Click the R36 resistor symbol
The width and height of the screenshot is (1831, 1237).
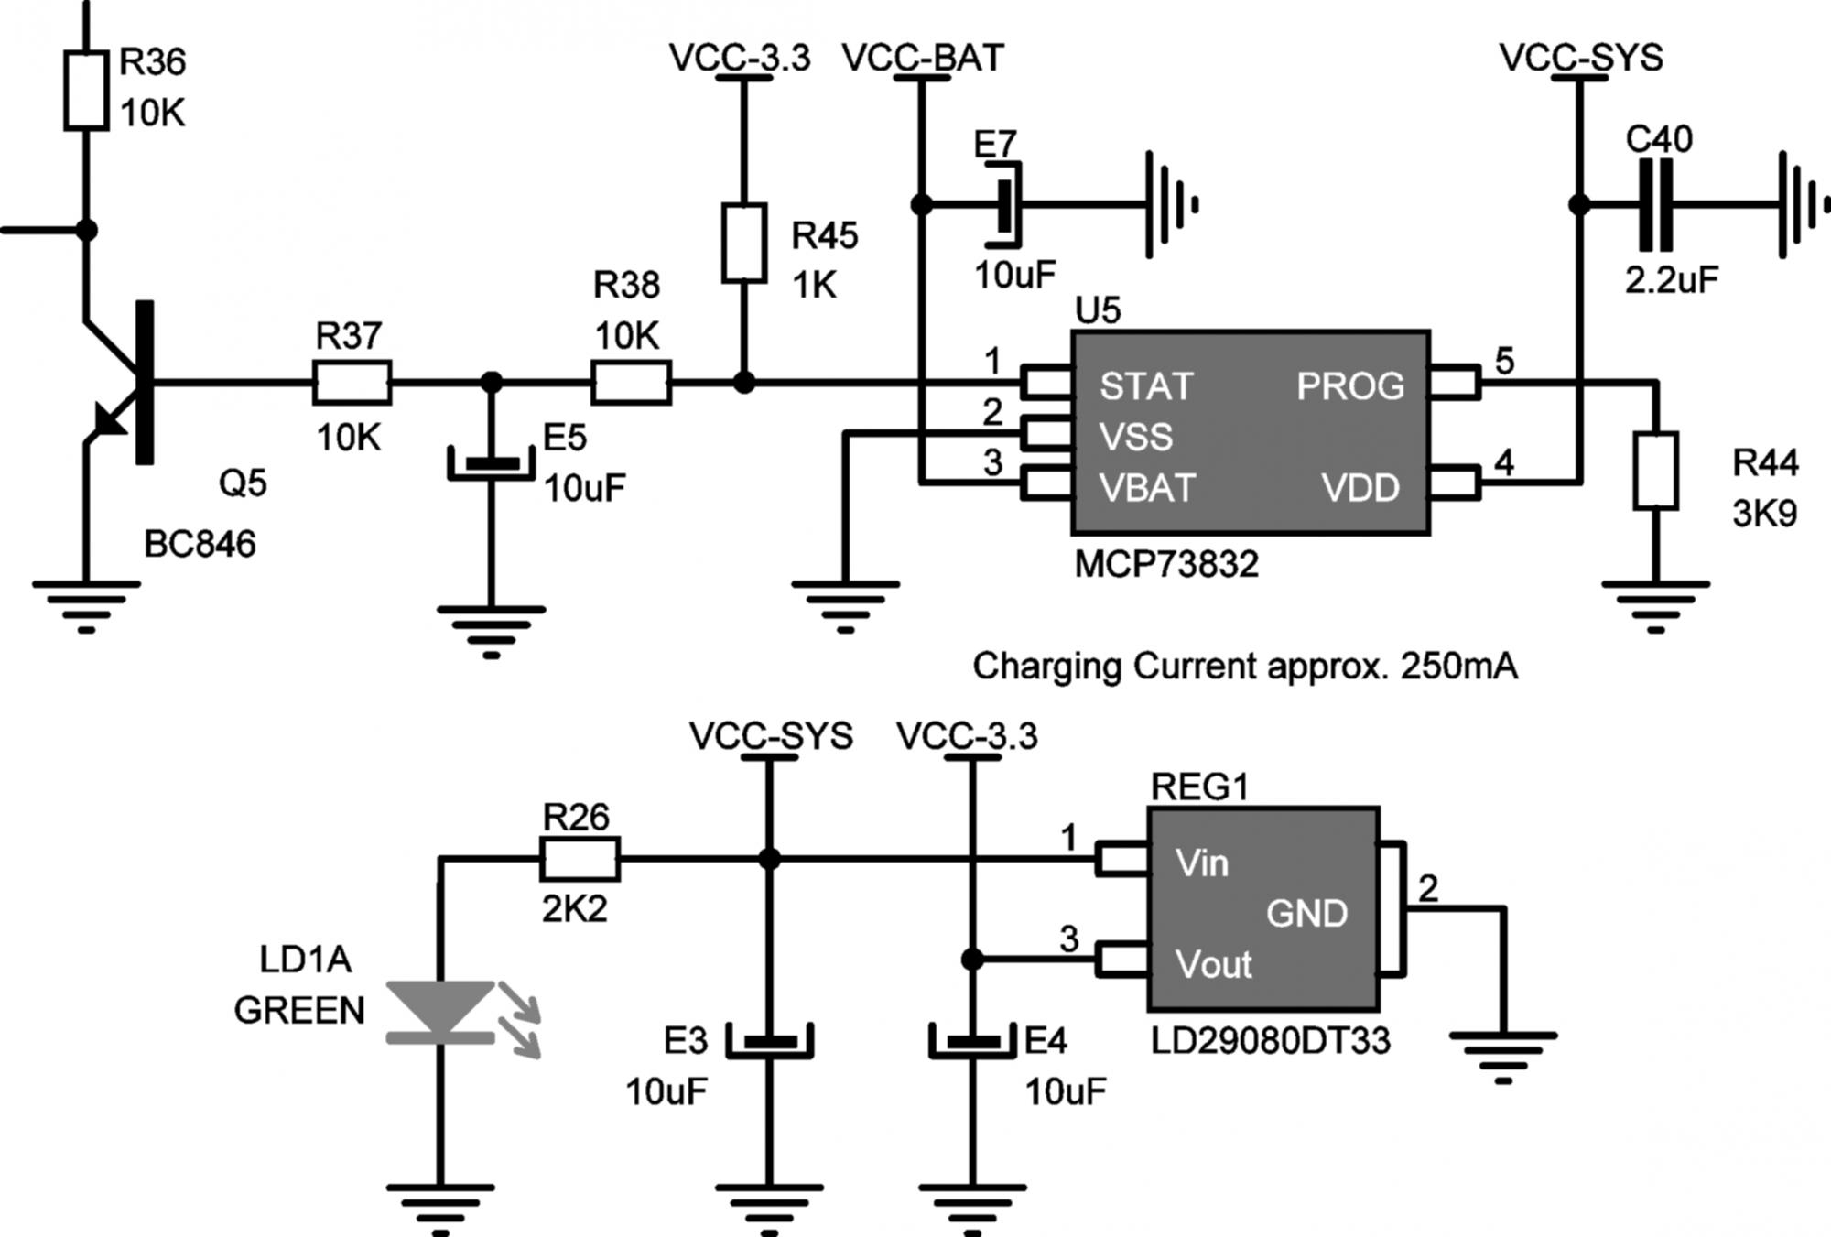pyautogui.click(x=86, y=90)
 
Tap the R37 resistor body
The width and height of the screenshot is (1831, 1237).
pyautogui.click(x=352, y=383)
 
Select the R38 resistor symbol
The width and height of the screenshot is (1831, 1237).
pyautogui.click(x=631, y=383)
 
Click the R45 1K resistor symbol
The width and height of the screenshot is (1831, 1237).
pyautogui.click(x=743, y=244)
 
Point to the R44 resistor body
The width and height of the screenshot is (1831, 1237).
pyautogui.click(x=1655, y=471)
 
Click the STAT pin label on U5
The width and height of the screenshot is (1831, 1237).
pyautogui.click(x=1146, y=386)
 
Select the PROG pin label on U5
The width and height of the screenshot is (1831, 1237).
pyautogui.click(x=1349, y=386)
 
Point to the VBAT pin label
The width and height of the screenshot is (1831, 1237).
pyautogui.click(x=1147, y=488)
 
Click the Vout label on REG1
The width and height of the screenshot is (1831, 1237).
pyautogui.click(x=1213, y=964)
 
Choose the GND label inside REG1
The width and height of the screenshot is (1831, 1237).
pyautogui.click(x=1306, y=913)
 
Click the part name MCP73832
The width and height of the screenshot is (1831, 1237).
pyautogui.click(x=1166, y=564)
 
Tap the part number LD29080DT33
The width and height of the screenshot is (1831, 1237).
pyautogui.click(x=1270, y=1041)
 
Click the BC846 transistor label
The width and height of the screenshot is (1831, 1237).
pyautogui.click(x=200, y=545)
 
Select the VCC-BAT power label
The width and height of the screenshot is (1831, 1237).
pyautogui.click(x=923, y=58)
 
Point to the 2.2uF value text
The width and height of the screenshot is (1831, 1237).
pyautogui.click(x=1672, y=279)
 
